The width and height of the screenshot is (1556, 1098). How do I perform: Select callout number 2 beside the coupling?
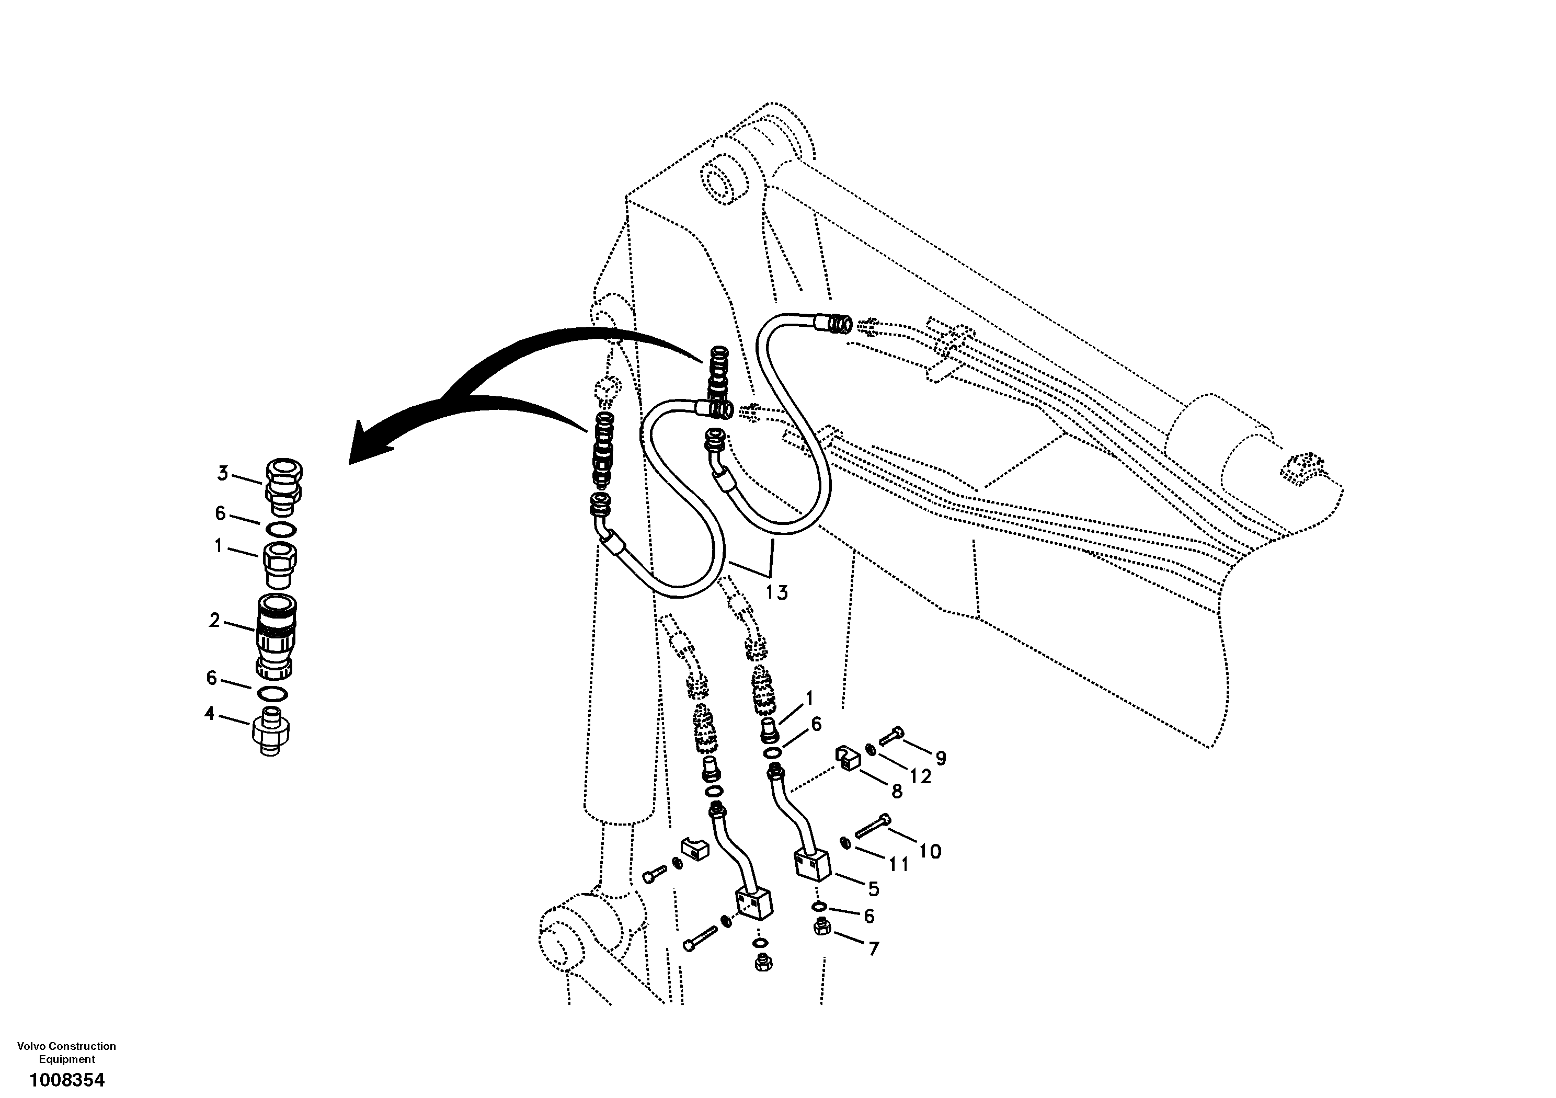click(215, 620)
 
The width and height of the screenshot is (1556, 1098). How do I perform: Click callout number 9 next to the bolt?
click(941, 758)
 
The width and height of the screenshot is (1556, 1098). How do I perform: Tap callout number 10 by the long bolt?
click(931, 851)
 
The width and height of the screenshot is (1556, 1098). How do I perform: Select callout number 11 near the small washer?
click(899, 864)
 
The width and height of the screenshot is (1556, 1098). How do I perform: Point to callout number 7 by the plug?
click(874, 950)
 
